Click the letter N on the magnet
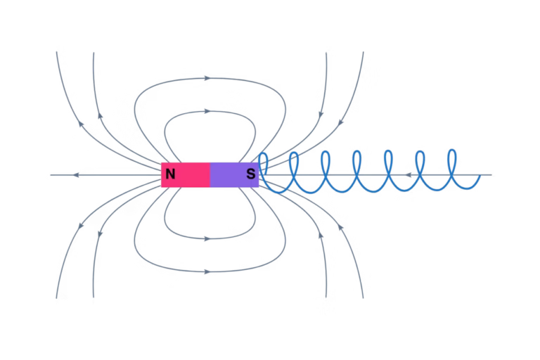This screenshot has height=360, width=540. click(170, 174)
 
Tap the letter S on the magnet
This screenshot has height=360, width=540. click(251, 174)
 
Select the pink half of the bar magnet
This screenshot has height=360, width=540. click(186, 174)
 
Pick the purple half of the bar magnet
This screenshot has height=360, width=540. click(235, 174)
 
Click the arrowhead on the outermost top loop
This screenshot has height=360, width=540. click(207, 78)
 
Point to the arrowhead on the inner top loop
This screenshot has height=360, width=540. click(207, 111)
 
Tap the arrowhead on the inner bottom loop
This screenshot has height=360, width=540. click(207, 239)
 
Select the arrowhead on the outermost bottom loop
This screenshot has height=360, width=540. click(207, 272)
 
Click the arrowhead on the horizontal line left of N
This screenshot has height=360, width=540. click(76, 175)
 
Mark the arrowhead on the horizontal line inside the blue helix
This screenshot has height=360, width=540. click(408, 175)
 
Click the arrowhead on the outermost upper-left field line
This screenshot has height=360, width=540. click(81, 123)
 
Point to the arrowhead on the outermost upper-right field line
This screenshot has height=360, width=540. click(340, 122)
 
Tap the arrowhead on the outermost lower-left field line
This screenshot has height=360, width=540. click(81, 226)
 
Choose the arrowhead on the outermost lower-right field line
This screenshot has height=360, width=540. click(340, 227)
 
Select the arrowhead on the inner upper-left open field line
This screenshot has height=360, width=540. click(101, 115)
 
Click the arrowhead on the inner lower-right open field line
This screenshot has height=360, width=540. click(321, 235)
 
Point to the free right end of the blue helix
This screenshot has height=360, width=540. click(480, 176)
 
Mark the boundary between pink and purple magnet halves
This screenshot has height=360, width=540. click(210, 174)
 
